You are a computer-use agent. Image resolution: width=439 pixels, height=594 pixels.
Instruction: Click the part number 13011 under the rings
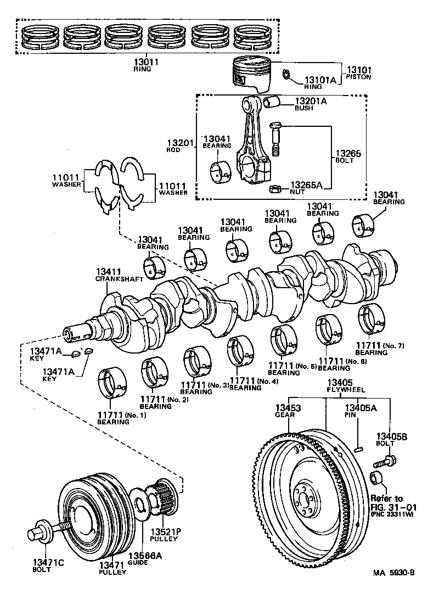145,63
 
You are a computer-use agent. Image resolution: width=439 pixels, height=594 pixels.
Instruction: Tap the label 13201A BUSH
311,104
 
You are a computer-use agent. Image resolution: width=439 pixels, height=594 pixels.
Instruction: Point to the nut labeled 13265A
275,189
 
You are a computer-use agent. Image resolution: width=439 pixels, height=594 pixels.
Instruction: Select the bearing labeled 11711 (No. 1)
114,383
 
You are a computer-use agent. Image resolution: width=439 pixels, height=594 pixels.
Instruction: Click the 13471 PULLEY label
112,568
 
